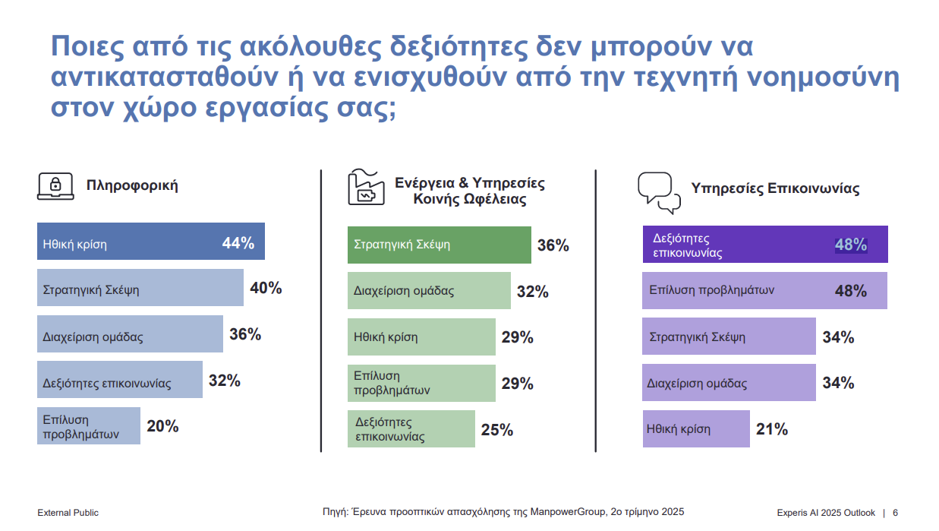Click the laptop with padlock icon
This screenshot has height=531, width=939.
point(55,186)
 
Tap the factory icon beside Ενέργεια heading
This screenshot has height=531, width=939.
point(366,187)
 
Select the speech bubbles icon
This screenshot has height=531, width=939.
point(659,193)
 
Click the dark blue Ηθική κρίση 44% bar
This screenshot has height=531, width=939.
point(151,241)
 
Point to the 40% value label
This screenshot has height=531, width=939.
point(266,288)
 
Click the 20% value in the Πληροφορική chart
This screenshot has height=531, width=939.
point(162,426)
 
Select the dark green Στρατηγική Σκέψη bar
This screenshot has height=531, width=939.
point(440,245)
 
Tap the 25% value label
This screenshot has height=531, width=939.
point(496,430)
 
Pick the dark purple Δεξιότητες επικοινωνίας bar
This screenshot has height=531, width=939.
point(765,244)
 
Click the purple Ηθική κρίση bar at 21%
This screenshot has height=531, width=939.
point(696,428)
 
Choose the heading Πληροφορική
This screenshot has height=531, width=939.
point(132,185)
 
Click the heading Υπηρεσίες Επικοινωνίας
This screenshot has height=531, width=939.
point(775,188)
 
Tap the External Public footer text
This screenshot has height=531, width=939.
point(68,513)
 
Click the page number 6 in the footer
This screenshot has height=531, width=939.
point(896,513)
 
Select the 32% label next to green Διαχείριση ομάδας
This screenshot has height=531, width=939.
point(532,292)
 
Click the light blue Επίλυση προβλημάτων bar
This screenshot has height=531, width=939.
point(89,425)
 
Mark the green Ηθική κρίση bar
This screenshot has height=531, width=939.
point(421,337)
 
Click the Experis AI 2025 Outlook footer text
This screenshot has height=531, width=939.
point(826,513)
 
